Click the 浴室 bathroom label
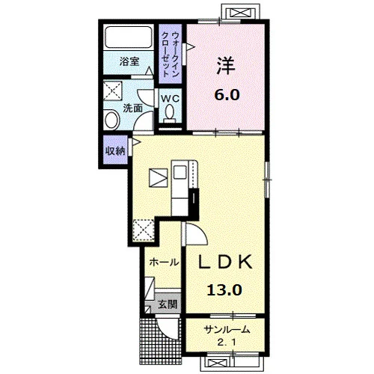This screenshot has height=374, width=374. click(129, 61)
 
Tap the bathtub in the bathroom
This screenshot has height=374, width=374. click(129, 37)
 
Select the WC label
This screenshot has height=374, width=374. click(170, 99)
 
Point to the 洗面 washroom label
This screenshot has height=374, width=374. click(133, 108)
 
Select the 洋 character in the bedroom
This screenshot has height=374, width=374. click(226, 65)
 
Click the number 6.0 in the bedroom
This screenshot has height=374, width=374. click(227, 95)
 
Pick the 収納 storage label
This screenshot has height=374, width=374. click(115, 150)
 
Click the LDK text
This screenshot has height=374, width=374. click(225, 262)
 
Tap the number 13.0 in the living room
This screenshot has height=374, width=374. click(224, 290)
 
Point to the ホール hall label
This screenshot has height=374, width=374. click(164, 262)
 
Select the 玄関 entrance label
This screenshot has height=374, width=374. click(168, 304)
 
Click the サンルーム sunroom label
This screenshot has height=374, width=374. click(227, 330)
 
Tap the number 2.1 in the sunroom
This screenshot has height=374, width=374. click(227, 343)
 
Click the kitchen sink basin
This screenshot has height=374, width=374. click(180, 172)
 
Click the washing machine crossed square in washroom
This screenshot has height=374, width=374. click(113, 91)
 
